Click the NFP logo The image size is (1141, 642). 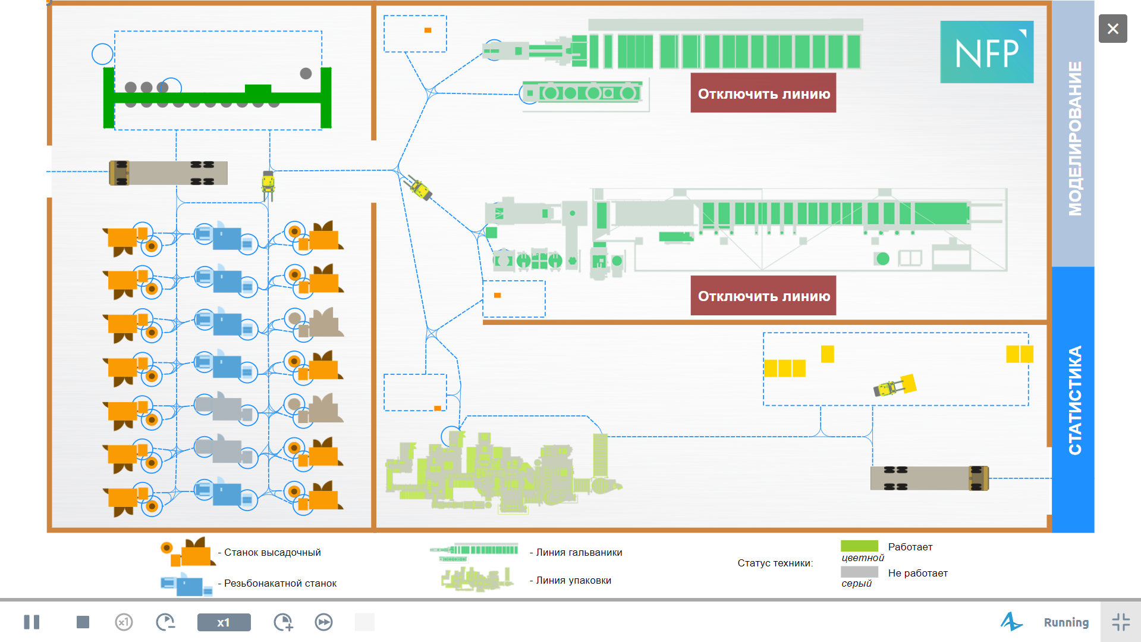986,52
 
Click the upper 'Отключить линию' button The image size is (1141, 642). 763,93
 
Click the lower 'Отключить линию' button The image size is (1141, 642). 763,295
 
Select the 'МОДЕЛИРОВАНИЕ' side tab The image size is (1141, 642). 1073,134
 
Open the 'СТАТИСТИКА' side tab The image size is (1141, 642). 1073,399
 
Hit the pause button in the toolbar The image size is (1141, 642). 32,622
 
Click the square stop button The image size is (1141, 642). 83,622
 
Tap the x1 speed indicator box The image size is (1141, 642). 224,622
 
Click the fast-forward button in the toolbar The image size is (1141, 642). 323,622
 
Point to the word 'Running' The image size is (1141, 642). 1066,622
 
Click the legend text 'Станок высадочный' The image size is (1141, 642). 272,552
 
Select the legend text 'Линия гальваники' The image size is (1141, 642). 579,552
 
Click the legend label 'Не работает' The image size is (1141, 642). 917,573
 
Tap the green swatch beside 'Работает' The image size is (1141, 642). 859,546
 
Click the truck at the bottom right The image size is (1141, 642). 929,478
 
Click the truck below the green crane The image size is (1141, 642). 168,173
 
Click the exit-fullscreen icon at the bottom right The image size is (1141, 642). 1121,622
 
